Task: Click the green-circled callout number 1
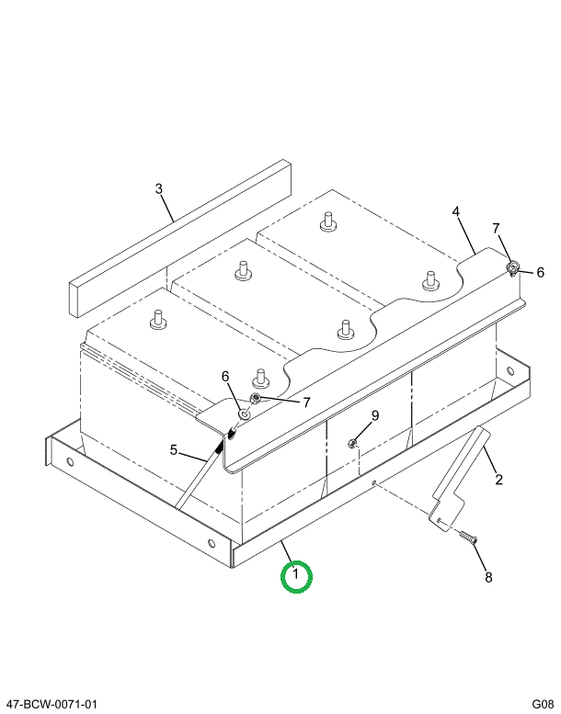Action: click(296, 577)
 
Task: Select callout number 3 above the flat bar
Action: click(159, 189)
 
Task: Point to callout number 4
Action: click(456, 212)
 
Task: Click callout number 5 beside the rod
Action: click(172, 449)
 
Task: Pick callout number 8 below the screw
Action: click(488, 577)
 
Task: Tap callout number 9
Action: click(375, 416)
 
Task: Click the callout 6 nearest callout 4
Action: click(540, 272)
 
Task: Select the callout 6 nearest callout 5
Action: click(224, 376)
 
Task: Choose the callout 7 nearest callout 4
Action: click(496, 228)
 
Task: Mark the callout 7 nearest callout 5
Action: click(307, 402)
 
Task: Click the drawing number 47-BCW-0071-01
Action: click(52, 704)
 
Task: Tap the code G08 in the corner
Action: click(542, 704)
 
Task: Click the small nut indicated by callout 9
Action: click(353, 445)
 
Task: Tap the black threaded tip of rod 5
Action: click(221, 447)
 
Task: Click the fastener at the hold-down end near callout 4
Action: click(512, 268)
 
